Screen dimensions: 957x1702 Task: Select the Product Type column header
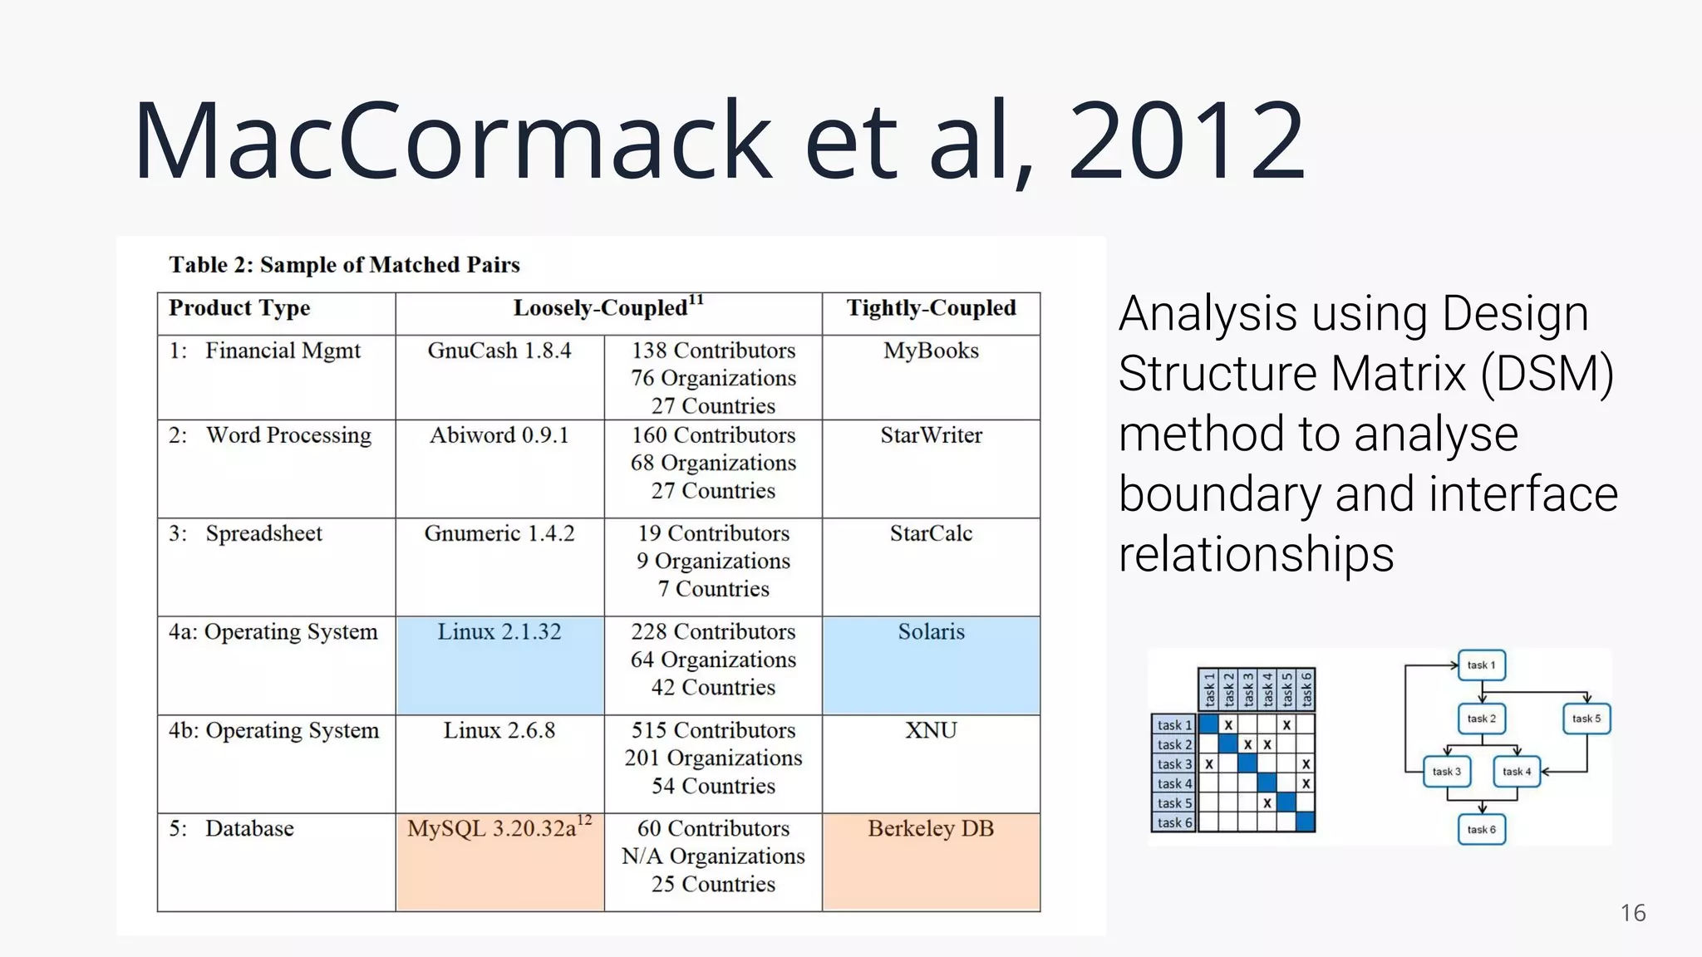point(239,308)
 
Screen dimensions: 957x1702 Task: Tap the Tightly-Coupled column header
point(931,308)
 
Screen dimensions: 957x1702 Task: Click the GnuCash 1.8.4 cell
point(499,351)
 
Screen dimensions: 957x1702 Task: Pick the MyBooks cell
point(931,351)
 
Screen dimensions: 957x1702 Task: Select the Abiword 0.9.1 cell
point(499,435)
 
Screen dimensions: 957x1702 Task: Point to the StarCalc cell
point(931,533)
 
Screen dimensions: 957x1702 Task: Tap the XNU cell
point(931,730)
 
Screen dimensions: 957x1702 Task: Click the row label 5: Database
point(232,828)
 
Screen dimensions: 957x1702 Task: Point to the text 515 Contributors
point(713,730)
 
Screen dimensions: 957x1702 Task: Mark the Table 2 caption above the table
point(344,265)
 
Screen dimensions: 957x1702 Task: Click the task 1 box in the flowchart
point(1481,665)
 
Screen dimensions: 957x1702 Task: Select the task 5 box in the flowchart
point(1586,719)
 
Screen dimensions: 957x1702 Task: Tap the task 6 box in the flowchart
point(1481,829)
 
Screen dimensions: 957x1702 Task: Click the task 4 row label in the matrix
point(1173,783)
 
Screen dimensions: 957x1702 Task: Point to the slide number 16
point(1632,913)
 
